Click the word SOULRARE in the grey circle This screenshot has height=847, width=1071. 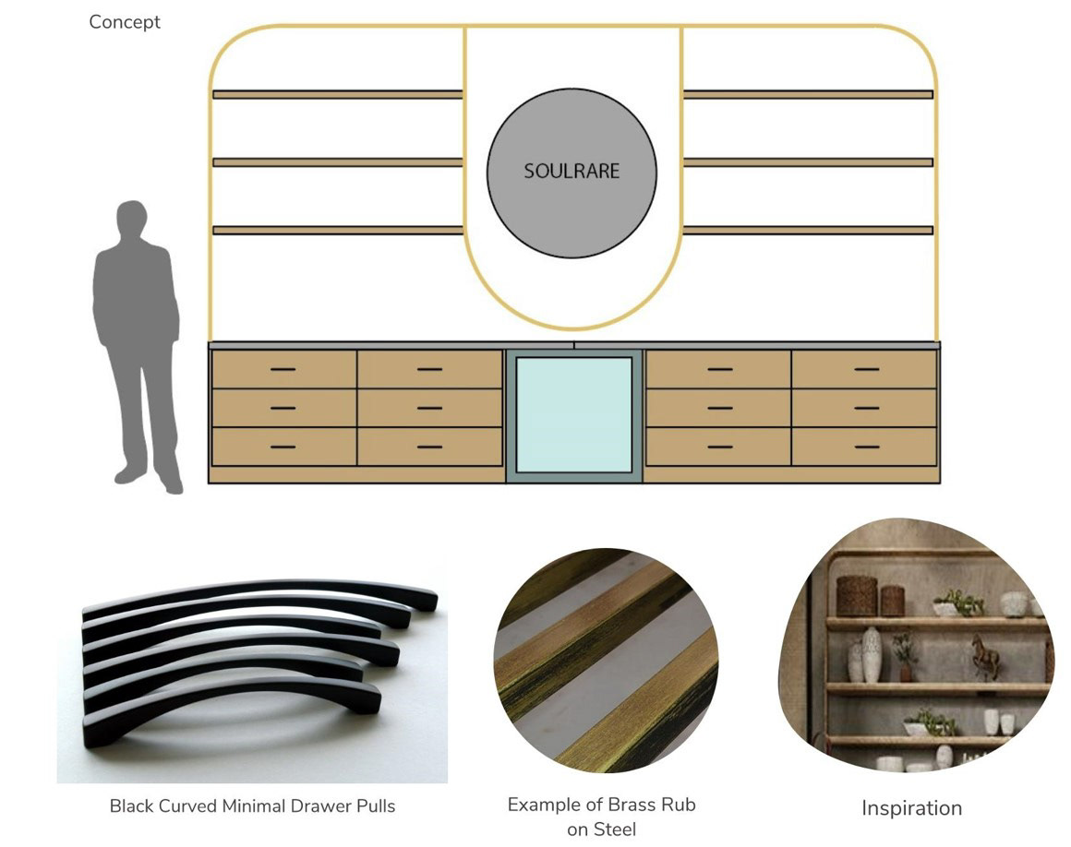click(572, 171)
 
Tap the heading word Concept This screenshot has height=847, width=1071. click(125, 22)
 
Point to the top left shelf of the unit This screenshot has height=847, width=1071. click(337, 94)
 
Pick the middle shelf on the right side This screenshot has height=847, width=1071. click(808, 162)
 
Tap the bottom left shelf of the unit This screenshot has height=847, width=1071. click(337, 230)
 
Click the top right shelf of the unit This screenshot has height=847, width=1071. click(808, 94)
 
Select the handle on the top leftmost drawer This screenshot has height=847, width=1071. click(283, 369)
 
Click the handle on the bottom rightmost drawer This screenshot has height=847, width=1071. click(866, 447)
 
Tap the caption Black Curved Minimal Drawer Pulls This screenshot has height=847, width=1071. click(252, 806)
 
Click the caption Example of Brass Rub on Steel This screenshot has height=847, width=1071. click(601, 817)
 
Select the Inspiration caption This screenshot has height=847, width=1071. click(911, 808)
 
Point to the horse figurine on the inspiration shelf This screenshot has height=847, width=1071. click(985, 656)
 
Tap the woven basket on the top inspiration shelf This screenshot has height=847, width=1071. click(855, 595)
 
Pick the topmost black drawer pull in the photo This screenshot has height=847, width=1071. click(277, 591)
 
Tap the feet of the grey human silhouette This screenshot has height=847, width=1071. click(148, 480)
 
